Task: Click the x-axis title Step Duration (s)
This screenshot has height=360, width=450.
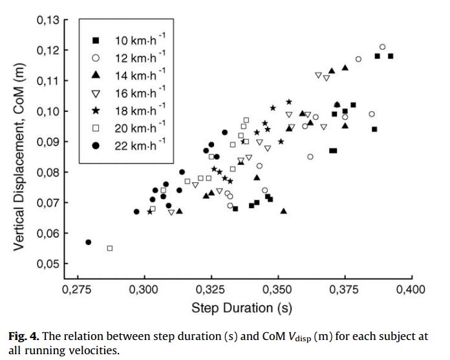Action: point(242,308)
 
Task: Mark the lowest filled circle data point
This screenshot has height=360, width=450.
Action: point(89,242)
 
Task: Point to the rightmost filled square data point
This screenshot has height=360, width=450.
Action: point(391,56)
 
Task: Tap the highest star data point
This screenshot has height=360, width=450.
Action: point(289,102)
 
